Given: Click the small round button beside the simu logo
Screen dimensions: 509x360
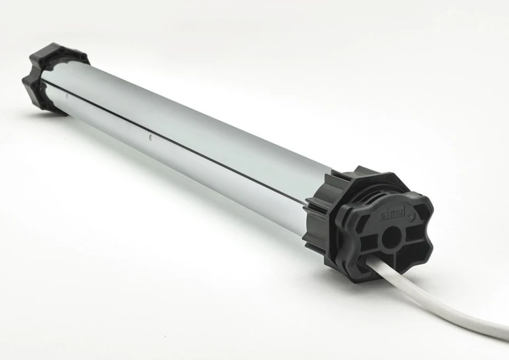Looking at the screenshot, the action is [411, 215].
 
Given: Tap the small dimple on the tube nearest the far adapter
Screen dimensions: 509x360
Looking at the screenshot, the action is [67, 96].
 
